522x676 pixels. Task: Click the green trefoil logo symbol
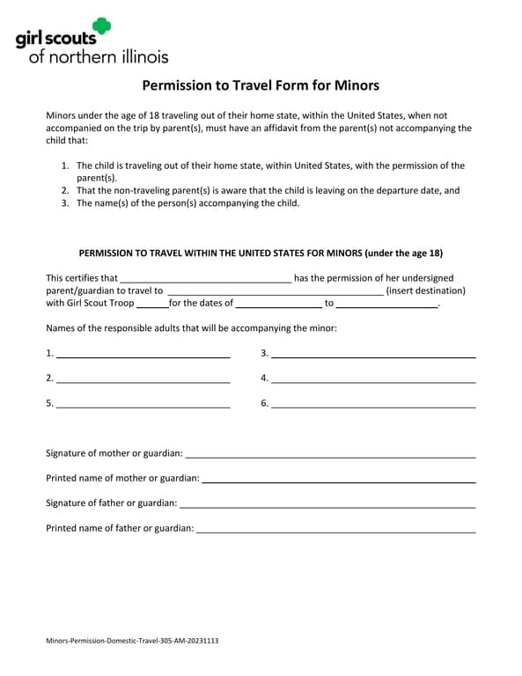pyautogui.click(x=102, y=26)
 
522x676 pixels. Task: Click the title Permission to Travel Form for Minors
pyautogui.click(x=261, y=85)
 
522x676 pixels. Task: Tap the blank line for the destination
pyautogui.click(x=275, y=291)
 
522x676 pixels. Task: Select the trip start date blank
pyautogui.click(x=279, y=305)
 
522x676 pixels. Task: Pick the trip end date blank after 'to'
pyautogui.click(x=386, y=305)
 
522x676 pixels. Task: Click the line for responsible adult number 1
pyautogui.click(x=143, y=355)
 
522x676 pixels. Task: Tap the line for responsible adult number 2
pyautogui.click(x=143, y=379)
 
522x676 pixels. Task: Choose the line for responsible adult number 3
pyautogui.click(x=373, y=355)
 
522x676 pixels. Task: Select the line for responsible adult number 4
pyautogui.click(x=373, y=379)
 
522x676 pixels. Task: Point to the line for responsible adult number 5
pyautogui.click(x=143, y=405)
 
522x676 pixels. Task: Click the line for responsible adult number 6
pyautogui.click(x=373, y=405)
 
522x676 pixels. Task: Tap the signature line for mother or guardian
pyautogui.click(x=330, y=454)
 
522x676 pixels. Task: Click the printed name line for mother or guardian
pyautogui.click(x=339, y=480)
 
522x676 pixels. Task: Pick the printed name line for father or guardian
pyautogui.click(x=336, y=530)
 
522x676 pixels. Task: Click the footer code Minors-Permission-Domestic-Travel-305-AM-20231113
pyautogui.click(x=132, y=641)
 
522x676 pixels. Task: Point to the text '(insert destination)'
pyautogui.click(x=426, y=290)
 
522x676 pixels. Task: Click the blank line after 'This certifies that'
pyautogui.click(x=205, y=279)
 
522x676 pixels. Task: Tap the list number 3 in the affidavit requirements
pyautogui.click(x=65, y=203)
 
